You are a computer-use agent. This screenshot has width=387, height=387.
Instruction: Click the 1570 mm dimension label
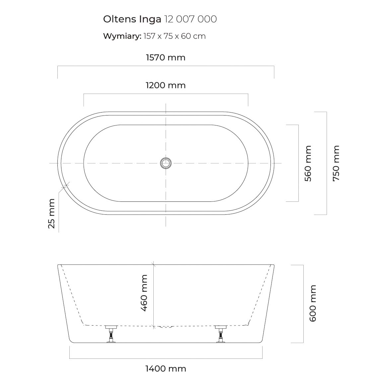coord(166,57)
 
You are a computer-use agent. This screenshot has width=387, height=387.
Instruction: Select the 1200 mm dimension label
coord(166,85)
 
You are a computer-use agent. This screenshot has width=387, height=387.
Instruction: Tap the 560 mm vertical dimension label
coord(308,163)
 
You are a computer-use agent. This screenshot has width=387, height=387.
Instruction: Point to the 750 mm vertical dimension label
coord(336,163)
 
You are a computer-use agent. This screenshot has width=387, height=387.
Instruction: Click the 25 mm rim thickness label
coord(51,213)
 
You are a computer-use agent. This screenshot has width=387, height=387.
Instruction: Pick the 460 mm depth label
coord(144,293)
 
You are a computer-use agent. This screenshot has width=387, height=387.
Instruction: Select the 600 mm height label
coord(313,303)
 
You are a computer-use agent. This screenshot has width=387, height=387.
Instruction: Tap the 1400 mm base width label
coord(166,369)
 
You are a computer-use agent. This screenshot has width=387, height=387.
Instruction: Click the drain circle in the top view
coord(166,163)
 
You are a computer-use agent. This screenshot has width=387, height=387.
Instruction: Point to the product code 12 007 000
coord(190,19)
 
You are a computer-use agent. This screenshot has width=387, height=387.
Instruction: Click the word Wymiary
coord(122,36)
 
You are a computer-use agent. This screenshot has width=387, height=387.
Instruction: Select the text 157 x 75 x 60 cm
coord(175,36)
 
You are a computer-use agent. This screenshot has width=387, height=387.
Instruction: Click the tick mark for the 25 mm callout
coord(65,186)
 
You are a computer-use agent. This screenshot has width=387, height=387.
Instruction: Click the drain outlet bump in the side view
coord(166,327)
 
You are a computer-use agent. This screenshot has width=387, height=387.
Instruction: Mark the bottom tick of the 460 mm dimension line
coord(154,326)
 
